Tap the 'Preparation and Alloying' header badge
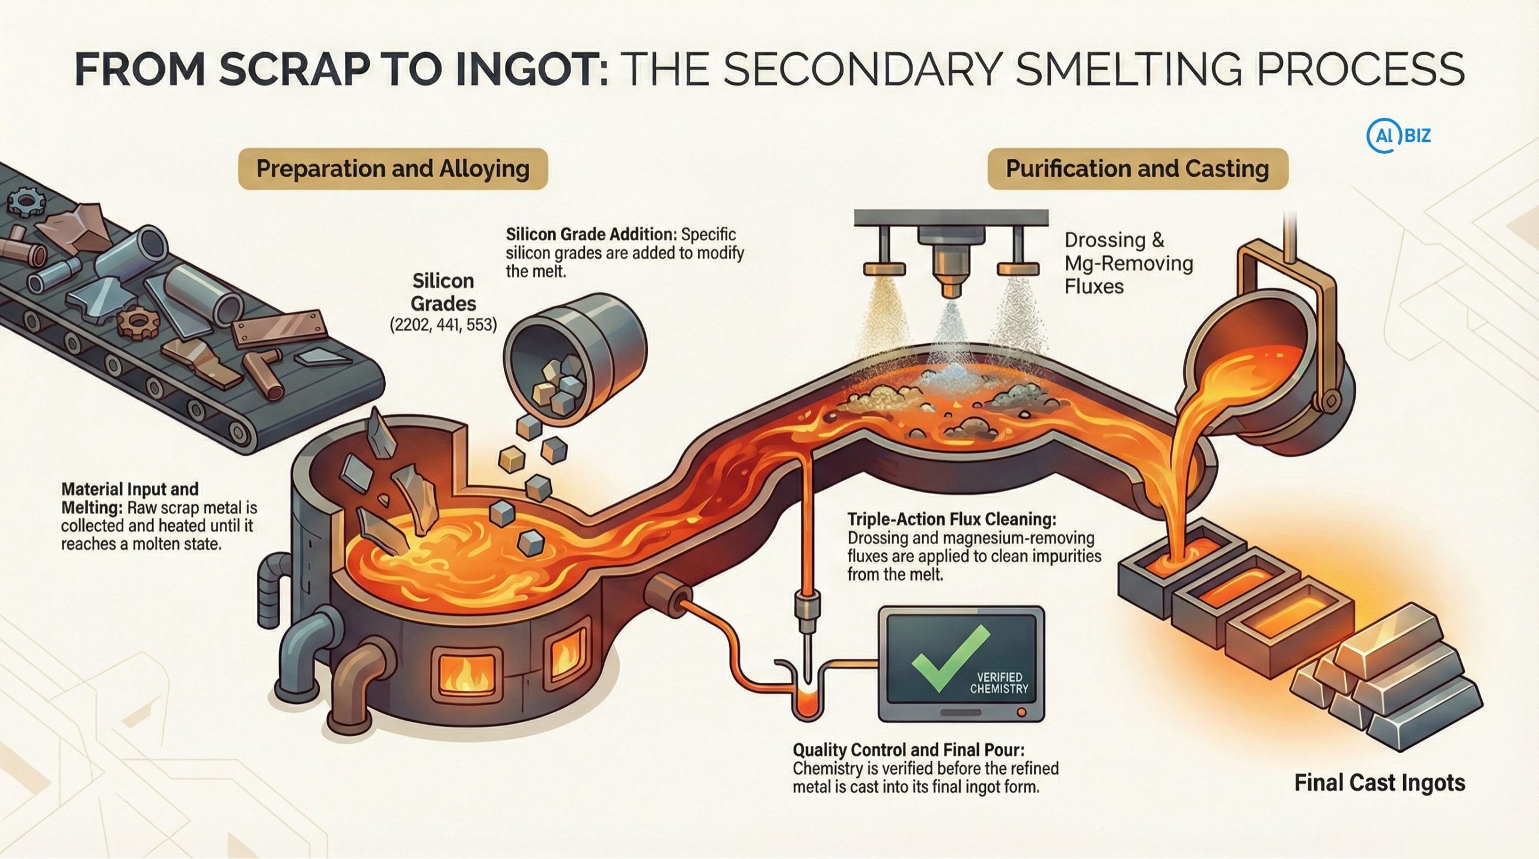(x=393, y=169)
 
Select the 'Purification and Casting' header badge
(x=1137, y=169)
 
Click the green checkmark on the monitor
(x=950, y=659)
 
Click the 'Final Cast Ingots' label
(x=1379, y=783)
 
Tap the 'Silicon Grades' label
(x=443, y=292)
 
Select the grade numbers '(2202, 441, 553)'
(x=443, y=325)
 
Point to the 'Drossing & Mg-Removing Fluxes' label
(x=1128, y=263)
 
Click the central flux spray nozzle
(x=950, y=264)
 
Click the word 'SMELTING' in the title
(x=1125, y=69)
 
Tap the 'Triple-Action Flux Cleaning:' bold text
(x=951, y=519)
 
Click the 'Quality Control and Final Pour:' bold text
(x=908, y=750)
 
